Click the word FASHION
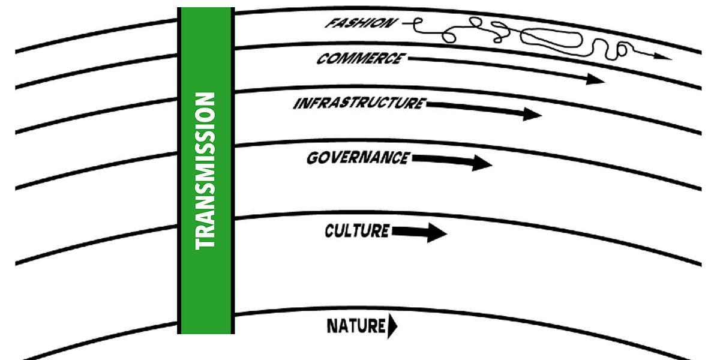coord(361,23)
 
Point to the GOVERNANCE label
coord(358,158)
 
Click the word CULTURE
coord(357,230)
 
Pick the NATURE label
coord(355,327)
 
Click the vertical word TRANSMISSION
coord(205,171)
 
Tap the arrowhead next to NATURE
coord(393,327)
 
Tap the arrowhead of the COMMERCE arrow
coord(595,79)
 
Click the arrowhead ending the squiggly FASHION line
coord(663,56)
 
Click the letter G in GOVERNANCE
coord(313,159)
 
